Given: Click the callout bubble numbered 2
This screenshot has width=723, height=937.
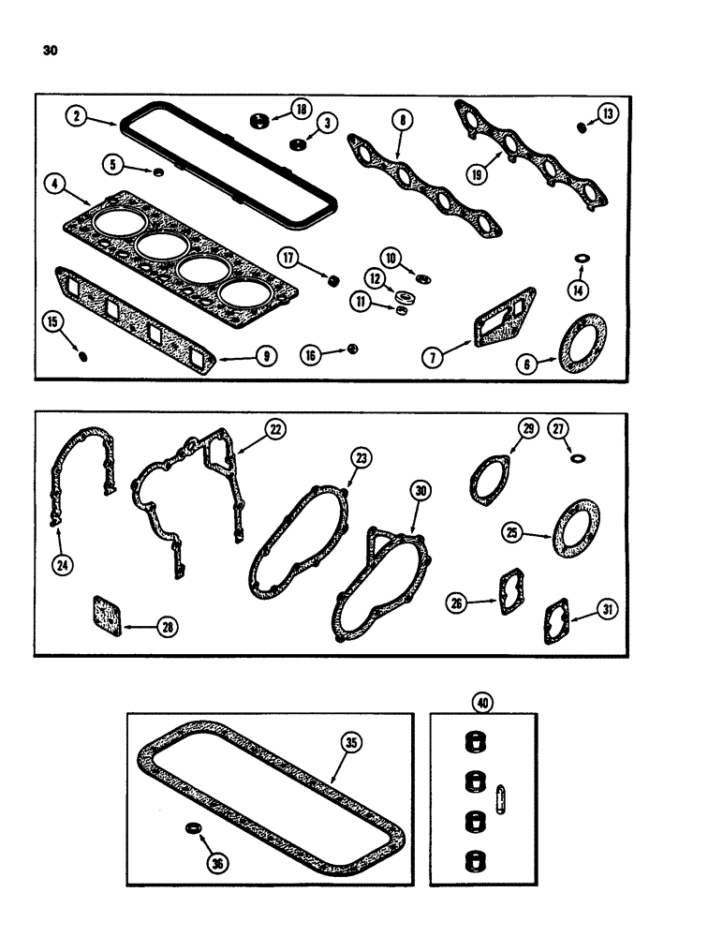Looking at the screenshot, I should coord(77,116).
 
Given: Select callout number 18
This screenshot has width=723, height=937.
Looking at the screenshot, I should coord(302,111).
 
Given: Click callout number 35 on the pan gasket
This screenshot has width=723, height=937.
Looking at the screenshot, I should coord(350,743).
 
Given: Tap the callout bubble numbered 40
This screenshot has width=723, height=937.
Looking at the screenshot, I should coord(483,703).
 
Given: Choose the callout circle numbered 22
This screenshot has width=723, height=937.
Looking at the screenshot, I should coord(274,428).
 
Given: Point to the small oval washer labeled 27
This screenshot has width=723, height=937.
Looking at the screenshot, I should coord(579,457).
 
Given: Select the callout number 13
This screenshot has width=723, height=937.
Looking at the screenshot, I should coord(609,114).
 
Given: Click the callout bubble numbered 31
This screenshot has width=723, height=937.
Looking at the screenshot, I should coord(609,610).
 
